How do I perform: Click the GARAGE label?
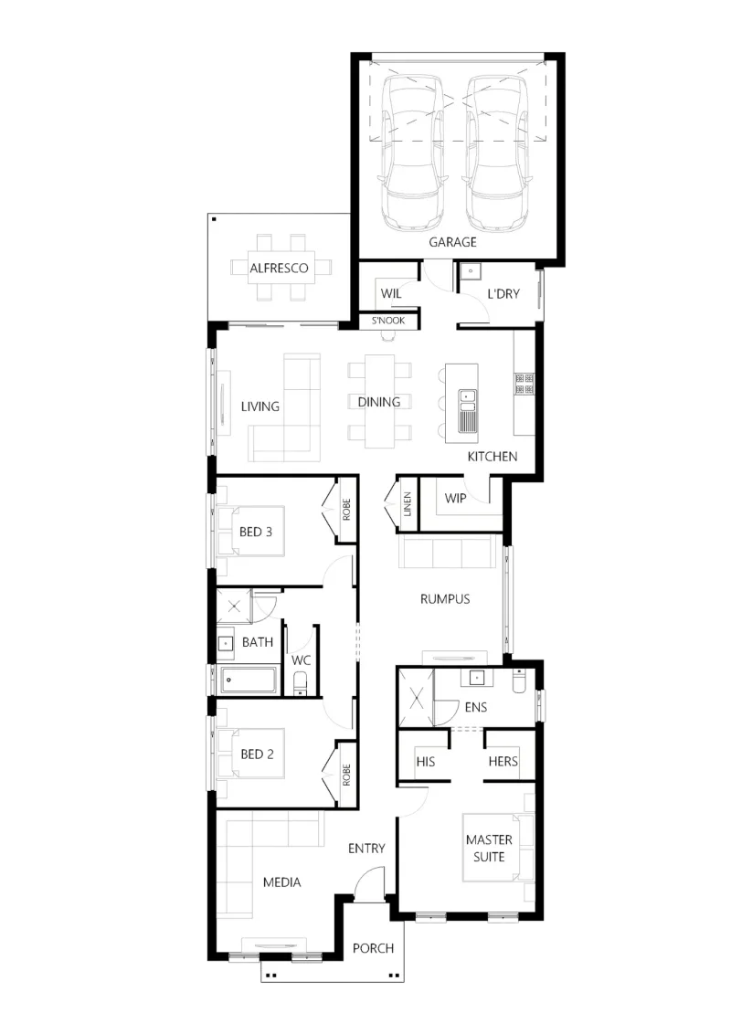[452, 242]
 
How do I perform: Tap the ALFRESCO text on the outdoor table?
[279, 268]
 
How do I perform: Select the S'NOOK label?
[388, 321]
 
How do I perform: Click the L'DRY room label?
[503, 293]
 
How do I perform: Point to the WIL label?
[391, 293]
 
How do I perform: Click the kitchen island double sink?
[468, 410]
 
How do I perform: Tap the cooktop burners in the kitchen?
[524, 383]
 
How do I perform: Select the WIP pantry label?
[455, 498]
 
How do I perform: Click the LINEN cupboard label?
[408, 504]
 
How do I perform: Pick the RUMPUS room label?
[445, 599]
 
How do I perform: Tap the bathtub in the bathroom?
[249, 680]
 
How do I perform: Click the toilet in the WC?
[301, 684]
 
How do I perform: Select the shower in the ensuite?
[416, 698]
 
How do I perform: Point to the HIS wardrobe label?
[426, 762]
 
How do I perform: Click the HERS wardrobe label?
[503, 761]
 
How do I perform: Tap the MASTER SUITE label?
[489, 848]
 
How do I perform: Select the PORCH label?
[373, 948]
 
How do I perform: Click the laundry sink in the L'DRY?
[471, 270]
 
